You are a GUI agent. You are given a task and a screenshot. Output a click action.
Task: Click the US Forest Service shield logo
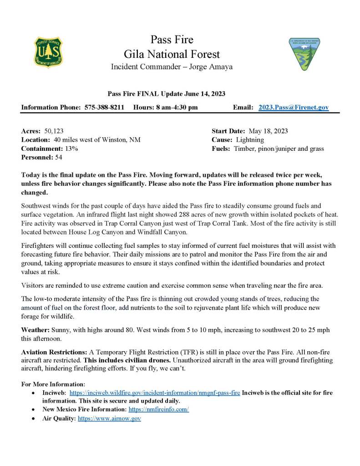tap(49, 52)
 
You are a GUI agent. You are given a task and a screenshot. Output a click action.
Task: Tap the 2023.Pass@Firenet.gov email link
tap(294, 108)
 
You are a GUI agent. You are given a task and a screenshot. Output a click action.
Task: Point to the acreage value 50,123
tap(54, 131)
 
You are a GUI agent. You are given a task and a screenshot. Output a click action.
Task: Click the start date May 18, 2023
tap(268, 131)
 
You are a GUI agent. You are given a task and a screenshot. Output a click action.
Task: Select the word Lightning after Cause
tap(250, 140)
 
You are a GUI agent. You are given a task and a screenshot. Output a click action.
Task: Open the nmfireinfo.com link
tap(156, 410)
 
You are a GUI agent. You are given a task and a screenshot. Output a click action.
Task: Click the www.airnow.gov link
tap(109, 418)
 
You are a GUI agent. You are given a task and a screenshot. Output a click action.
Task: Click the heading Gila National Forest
tap(172, 55)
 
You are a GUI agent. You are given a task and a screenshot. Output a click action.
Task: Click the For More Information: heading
tap(53, 384)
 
